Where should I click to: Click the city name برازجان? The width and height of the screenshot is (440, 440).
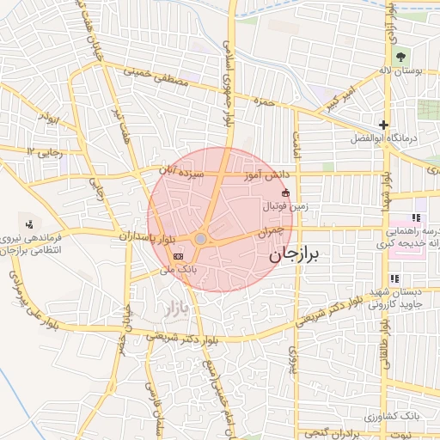click(293, 254)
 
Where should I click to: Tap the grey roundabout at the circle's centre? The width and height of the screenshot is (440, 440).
click(200, 238)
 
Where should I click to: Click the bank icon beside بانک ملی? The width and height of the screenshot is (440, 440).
click(178, 256)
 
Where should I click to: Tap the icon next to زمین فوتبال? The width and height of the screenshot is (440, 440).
click(286, 193)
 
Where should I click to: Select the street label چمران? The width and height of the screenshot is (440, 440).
click(269, 231)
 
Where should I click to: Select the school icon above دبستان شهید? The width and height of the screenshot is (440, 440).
click(394, 278)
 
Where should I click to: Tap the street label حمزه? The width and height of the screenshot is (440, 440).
click(263, 101)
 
